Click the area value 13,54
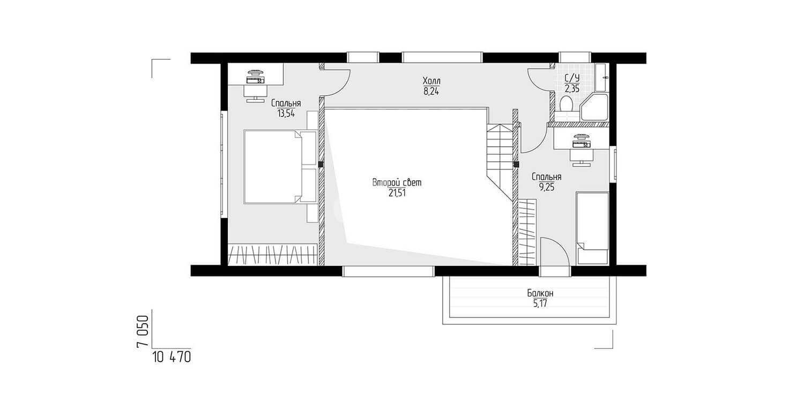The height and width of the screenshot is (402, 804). [x=286, y=114]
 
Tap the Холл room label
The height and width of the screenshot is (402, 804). [x=431, y=80]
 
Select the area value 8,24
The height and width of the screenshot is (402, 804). [x=431, y=91]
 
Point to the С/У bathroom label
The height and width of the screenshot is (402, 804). [x=572, y=78]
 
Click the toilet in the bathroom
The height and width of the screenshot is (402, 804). [x=567, y=103]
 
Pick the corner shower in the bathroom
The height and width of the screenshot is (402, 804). [x=594, y=107]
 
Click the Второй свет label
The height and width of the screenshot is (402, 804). [x=397, y=183]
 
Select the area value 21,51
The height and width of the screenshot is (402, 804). [x=397, y=193]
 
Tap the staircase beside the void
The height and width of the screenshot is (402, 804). [x=499, y=161]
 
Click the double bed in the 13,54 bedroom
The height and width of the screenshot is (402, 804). [x=280, y=167]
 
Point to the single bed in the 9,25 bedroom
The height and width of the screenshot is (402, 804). [x=592, y=228]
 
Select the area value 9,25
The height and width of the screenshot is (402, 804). [x=547, y=188]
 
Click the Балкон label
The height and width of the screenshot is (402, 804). [x=540, y=293]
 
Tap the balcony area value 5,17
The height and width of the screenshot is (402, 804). [x=540, y=304]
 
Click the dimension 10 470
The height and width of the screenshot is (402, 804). [x=172, y=357]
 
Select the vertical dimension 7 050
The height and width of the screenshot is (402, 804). [x=143, y=331]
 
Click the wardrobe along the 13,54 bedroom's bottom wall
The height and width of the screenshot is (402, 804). [x=273, y=255]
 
